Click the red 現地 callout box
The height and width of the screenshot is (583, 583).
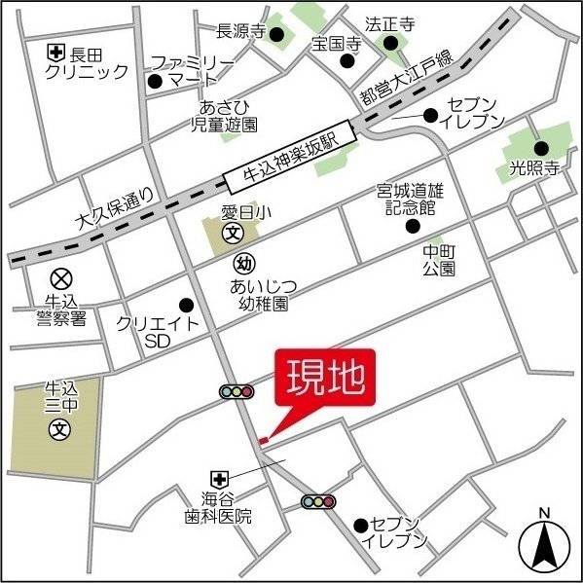click(324, 378)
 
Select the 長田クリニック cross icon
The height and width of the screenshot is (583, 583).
click(58, 54)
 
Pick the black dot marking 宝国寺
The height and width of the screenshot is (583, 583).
click(347, 61)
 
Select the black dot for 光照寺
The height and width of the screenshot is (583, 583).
click(541, 149)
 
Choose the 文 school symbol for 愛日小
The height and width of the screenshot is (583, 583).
click(234, 234)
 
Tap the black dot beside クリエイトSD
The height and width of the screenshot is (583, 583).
click(187, 306)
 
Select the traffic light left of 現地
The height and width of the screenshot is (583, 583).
click(237, 392)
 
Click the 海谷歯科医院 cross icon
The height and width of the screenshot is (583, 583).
click(220, 478)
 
